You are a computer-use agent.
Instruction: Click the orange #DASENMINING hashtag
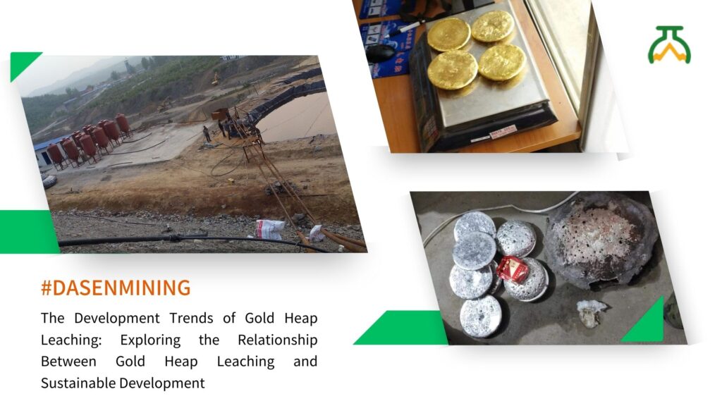click(116, 288)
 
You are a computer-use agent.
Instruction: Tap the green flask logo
click(669, 44)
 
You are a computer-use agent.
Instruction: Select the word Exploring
click(150, 340)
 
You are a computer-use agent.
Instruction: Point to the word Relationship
click(278, 340)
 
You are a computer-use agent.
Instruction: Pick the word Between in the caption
click(68, 362)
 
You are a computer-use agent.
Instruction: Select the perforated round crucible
click(601, 241)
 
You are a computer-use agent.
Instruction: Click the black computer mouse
click(380, 54)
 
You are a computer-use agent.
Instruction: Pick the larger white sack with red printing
click(270, 229)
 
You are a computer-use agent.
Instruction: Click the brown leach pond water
click(299, 118)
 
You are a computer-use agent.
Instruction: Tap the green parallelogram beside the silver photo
click(400, 328)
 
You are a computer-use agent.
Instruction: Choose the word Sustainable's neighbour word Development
click(162, 383)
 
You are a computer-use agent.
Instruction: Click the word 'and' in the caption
click(305, 362)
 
